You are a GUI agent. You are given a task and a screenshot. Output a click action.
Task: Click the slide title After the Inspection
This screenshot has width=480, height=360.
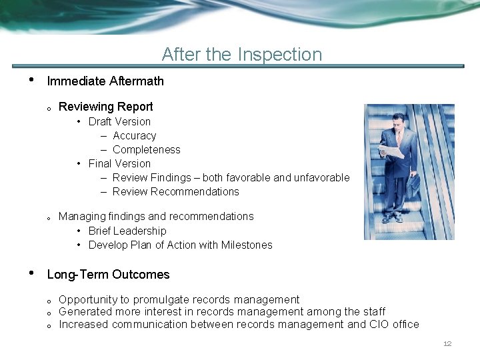point(241,54)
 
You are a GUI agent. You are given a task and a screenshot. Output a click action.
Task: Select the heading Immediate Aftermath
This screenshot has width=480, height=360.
point(105,81)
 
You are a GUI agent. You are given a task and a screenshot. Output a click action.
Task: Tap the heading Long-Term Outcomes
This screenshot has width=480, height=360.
point(108,275)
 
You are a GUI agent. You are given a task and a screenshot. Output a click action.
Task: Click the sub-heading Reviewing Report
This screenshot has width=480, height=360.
point(105,107)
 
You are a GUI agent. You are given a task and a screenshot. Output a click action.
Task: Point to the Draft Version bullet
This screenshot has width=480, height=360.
point(119,121)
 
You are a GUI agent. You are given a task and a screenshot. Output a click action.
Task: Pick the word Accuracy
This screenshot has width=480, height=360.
point(134,135)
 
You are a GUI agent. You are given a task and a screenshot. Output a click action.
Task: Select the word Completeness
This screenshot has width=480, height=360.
point(146,149)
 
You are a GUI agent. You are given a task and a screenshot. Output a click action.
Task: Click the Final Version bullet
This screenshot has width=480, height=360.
point(119,163)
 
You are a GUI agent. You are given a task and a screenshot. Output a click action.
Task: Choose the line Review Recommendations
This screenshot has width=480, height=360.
point(175,191)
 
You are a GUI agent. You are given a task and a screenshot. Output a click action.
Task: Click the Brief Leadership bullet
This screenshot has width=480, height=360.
point(127,231)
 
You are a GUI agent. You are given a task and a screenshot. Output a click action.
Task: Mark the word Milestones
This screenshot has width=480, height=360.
point(247,245)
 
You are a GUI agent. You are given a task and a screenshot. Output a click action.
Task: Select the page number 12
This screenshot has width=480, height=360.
point(447,344)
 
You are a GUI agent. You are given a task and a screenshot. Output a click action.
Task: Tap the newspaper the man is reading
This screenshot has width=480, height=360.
point(392,151)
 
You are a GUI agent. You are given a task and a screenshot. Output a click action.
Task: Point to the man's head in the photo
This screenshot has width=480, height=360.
point(399,121)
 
